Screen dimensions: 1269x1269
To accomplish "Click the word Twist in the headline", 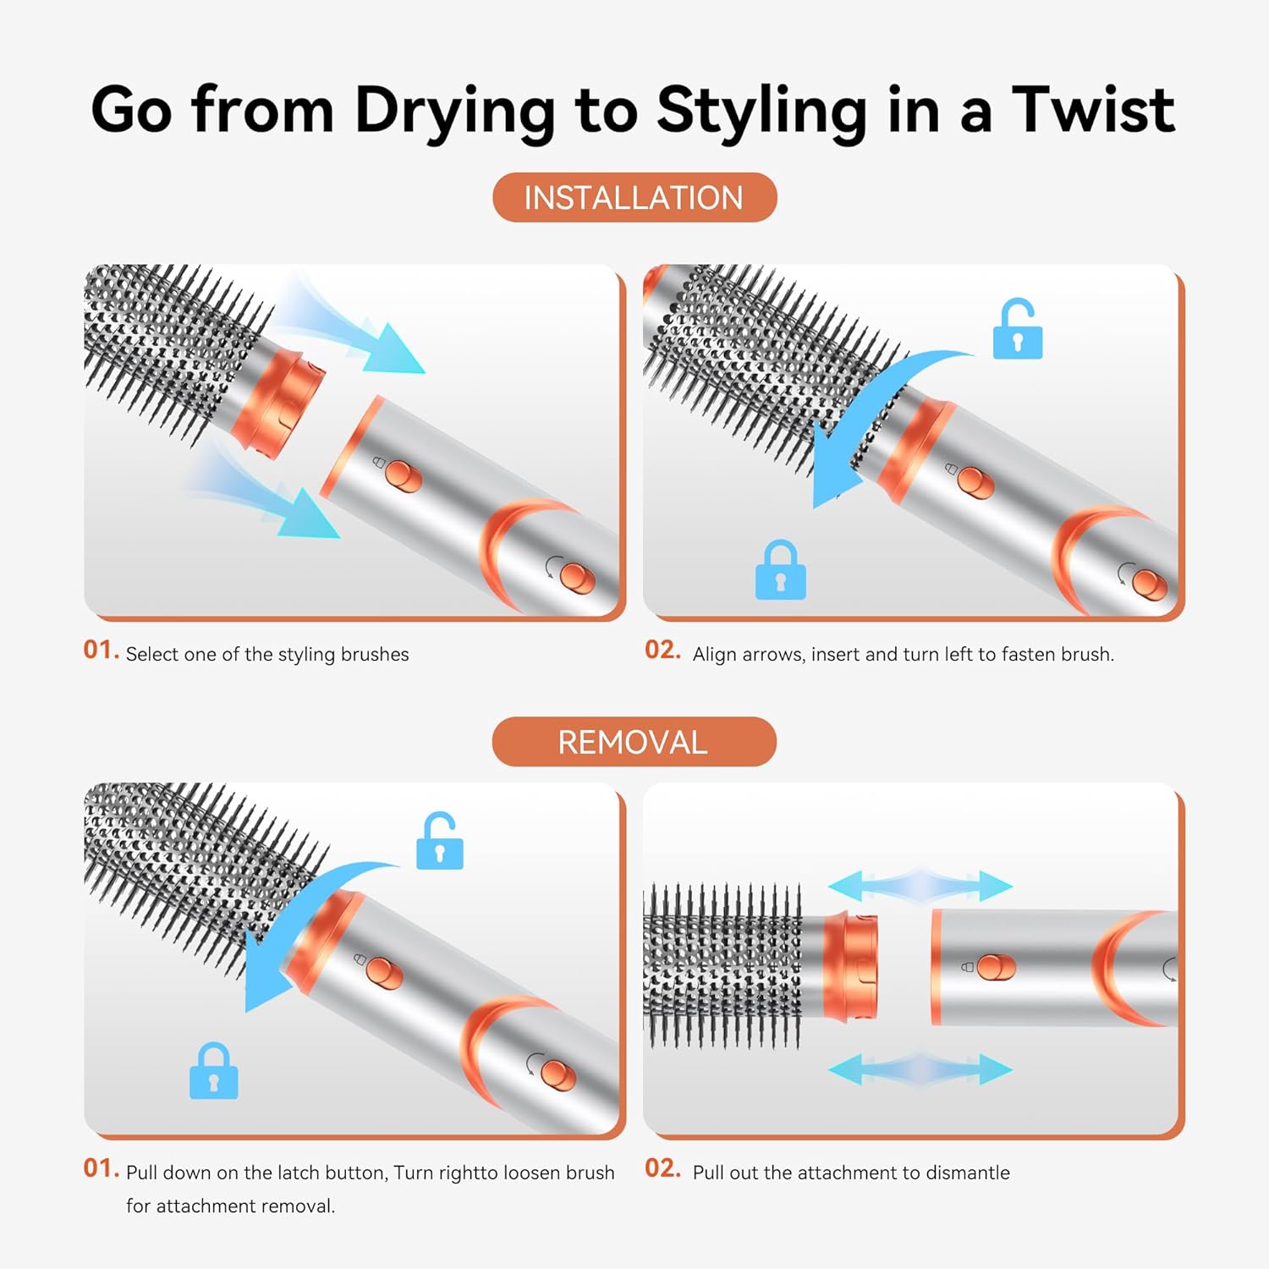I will (1093, 110).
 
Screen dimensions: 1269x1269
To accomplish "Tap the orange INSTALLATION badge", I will (634, 198).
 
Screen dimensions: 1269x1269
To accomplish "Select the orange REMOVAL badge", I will (634, 742).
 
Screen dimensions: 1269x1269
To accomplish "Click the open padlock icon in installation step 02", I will (1017, 330).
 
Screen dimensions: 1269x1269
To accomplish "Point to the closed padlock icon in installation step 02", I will (780, 571).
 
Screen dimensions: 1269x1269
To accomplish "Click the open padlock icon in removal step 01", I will (439, 842).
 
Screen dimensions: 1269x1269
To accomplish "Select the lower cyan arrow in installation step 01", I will (271, 499).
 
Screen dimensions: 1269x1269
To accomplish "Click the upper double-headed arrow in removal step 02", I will (920, 887).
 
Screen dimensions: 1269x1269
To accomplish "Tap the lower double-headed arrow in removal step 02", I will (920, 1069).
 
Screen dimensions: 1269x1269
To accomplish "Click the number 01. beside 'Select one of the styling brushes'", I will (101, 650).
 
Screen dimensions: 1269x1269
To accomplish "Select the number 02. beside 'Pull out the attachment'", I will (662, 1168).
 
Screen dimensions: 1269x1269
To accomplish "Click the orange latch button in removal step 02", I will (996, 967).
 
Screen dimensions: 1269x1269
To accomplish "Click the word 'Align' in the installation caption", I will (715, 654).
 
